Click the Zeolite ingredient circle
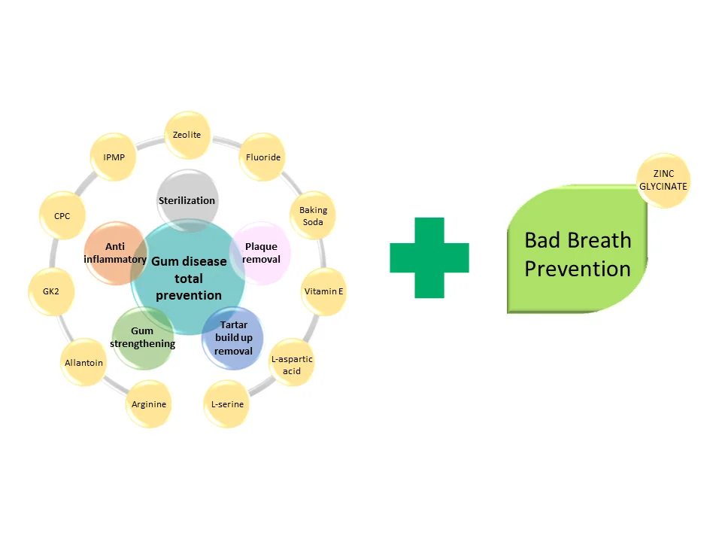click(x=187, y=135)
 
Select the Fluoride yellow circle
click(x=263, y=157)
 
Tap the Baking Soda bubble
click(x=313, y=216)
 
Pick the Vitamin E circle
click(x=323, y=291)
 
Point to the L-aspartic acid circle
click(x=292, y=365)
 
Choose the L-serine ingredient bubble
click(x=227, y=405)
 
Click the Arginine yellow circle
click(x=149, y=405)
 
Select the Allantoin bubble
click(x=83, y=363)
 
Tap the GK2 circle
click(x=51, y=291)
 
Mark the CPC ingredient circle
click(x=62, y=216)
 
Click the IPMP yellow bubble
click(x=114, y=157)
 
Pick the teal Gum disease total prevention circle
click(x=188, y=279)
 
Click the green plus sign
click(x=429, y=257)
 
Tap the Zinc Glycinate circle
click(x=663, y=181)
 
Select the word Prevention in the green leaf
click(x=578, y=269)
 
